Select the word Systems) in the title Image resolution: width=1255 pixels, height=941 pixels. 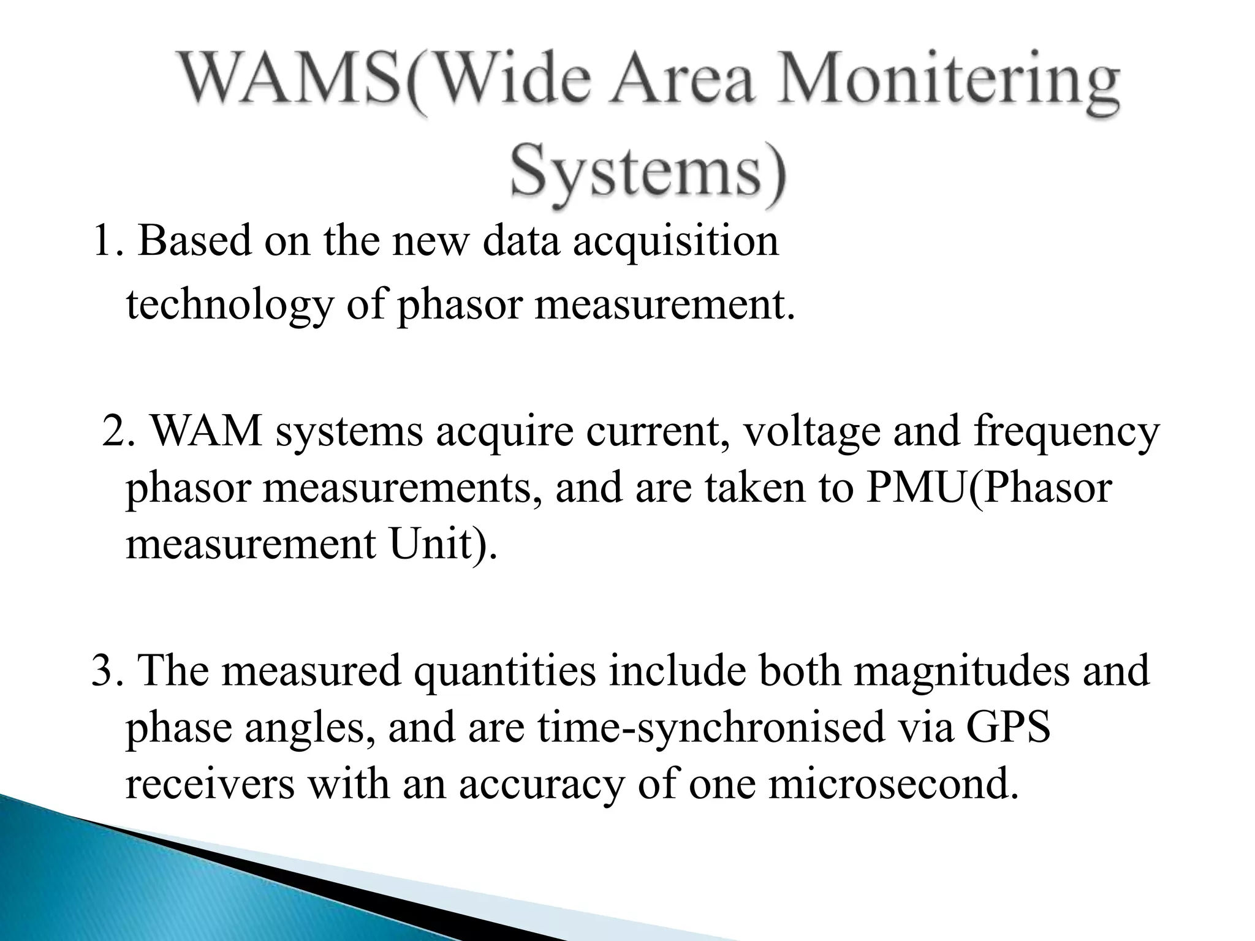coord(648,168)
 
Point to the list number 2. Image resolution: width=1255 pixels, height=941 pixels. coord(116,431)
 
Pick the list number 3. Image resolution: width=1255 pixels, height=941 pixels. coord(106,670)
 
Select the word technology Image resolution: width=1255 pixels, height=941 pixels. coord(229,304)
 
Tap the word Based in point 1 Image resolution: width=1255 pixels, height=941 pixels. coord(195,241)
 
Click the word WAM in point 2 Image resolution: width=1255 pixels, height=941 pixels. coord(206,431)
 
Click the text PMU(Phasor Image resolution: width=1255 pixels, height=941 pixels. coord(988,488)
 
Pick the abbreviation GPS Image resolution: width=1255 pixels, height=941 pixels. coord(1008,727)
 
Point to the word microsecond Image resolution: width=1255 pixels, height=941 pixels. coord(893,784)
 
